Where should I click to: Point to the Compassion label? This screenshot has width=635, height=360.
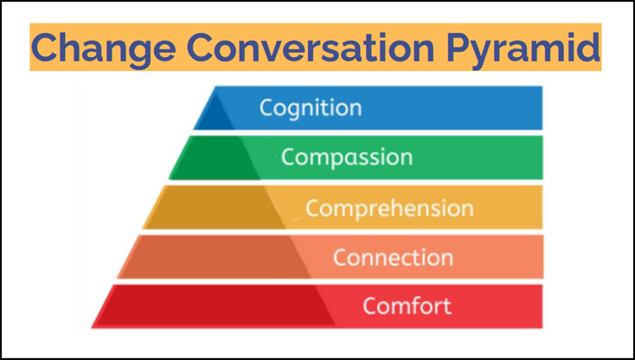[x=346, y=157]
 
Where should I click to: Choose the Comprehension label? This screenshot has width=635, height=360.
[x=389, y=209]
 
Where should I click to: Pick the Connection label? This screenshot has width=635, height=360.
[x=393, y=258]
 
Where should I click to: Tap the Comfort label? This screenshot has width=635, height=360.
[x=407, y=306]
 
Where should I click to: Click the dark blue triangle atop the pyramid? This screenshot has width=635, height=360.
[x=216, y=113]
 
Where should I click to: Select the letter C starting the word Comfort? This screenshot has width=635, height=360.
[x=370, y=306]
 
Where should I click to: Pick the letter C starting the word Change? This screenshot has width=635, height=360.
[x=47, y=48]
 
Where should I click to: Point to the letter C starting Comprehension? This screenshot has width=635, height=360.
[x=313, y=209]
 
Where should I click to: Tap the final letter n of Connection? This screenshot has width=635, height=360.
[x=446, y=258]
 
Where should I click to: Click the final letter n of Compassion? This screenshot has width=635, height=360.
[x=406, y=157]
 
